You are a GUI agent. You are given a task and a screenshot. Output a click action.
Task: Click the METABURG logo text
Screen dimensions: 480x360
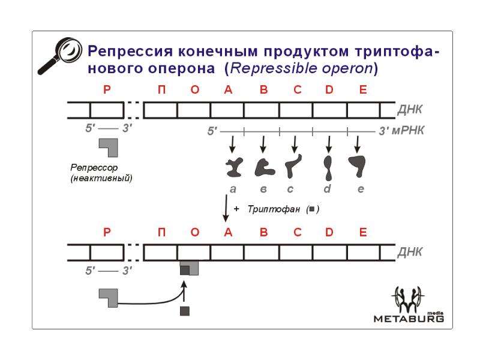(409, 319)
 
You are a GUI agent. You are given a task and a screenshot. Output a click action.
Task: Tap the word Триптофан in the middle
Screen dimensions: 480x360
(274, 209)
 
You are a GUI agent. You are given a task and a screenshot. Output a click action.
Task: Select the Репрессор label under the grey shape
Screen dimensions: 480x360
(94, 168)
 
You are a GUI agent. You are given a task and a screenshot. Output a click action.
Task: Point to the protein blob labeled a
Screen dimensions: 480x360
(234, 167)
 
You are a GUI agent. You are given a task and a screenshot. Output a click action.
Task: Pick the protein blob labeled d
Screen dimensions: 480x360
(328, 168)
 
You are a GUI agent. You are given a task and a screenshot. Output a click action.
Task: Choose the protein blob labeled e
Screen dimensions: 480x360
(357, 164)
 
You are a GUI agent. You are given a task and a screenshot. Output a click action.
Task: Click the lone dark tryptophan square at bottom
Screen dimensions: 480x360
(185, 311)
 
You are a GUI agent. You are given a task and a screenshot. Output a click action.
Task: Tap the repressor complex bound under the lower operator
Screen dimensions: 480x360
(189, 268)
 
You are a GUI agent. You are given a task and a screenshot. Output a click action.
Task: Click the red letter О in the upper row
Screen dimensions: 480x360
(194, 89)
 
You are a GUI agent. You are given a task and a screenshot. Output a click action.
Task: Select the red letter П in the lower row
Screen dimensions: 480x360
(161, 232)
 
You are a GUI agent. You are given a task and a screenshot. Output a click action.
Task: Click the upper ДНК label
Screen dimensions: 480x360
(410, 109)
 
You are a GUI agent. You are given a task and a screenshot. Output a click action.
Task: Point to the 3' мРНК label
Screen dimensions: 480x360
(401, 131)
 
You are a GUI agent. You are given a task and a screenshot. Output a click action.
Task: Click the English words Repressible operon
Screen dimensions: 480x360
(301, 68)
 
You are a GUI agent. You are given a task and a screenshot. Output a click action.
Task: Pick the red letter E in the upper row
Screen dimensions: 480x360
(363, 89)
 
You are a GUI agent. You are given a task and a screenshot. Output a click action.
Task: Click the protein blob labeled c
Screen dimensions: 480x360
(293, 166)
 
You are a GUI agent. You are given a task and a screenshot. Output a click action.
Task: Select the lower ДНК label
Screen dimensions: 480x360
(410, 252)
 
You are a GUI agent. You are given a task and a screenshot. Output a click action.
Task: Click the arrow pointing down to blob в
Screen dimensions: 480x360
(263, 145)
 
